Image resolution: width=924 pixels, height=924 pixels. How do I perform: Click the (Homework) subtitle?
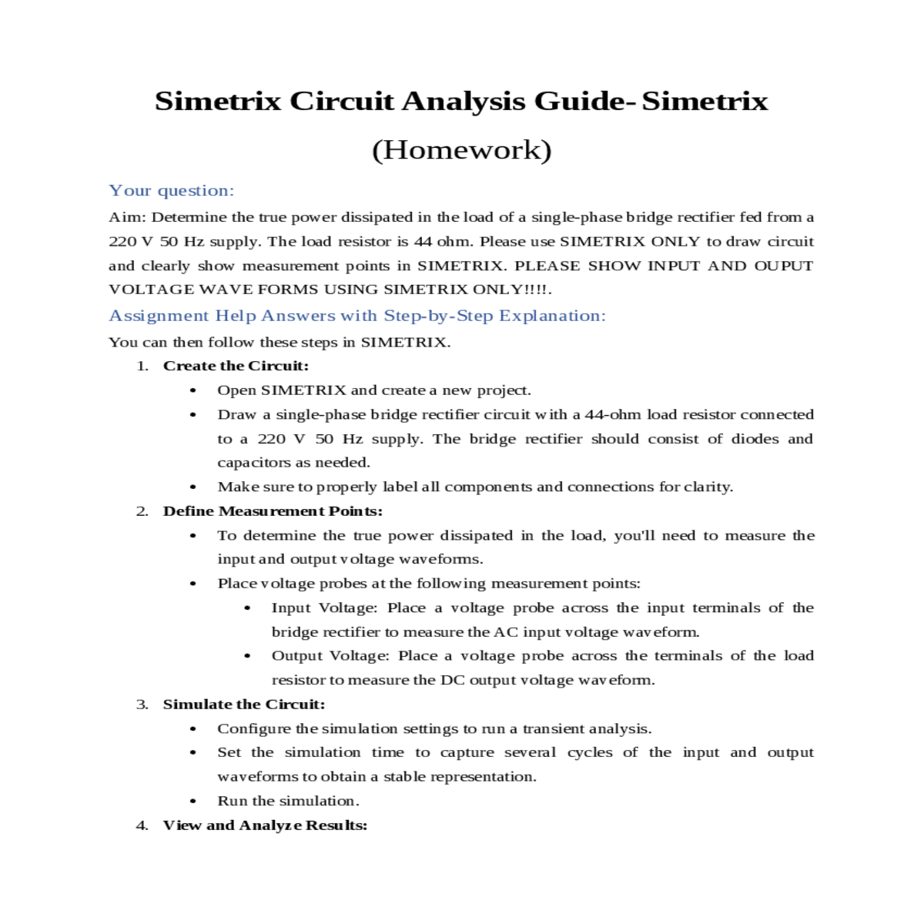coord(461,149)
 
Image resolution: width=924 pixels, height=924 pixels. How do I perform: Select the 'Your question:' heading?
coord(171,191)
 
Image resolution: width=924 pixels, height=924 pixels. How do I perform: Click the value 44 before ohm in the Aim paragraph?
coord(423,242)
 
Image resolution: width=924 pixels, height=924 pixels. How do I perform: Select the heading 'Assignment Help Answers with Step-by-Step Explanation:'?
coord(357,316)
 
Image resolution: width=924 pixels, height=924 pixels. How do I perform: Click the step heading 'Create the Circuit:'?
coord(236,366)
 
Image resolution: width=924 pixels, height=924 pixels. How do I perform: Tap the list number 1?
coord(142,366)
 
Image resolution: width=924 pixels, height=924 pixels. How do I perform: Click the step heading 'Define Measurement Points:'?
coord(273,511)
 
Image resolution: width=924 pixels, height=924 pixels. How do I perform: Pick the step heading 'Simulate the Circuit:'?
coord(244,705)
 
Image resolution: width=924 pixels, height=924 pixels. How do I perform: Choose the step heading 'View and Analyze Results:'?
coord(265,825)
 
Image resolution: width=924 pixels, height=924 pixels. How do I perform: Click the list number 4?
coord(142,825)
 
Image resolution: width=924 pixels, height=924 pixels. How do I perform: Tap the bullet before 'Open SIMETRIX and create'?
coord(192,391)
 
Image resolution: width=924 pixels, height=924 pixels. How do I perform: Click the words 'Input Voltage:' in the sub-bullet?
coord(324,608)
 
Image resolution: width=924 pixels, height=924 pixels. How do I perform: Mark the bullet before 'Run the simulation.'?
coord(192,802)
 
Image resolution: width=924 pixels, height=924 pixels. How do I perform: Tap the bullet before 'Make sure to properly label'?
coord(192,487)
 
